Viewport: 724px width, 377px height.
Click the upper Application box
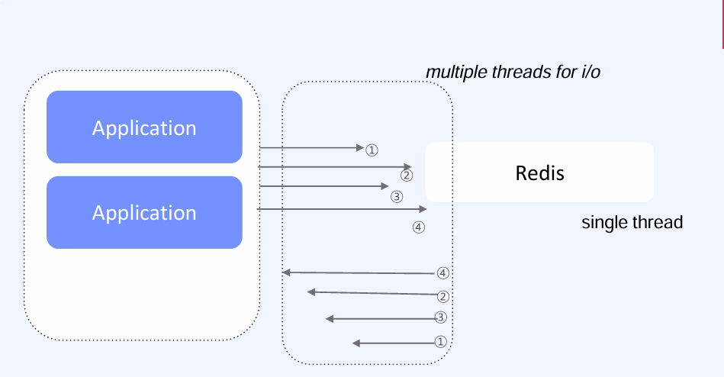(x=144, y=127)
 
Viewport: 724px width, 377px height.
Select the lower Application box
(x=144, y=212)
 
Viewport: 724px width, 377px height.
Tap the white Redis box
(x=539, y=172)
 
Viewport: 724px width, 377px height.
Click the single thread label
(x=632, y=223)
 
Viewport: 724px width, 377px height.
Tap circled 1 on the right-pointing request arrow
(x=372, y=150)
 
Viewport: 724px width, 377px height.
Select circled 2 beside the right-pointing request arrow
(x=407, y=176)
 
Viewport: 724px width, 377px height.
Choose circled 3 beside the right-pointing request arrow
(x=396, y=197)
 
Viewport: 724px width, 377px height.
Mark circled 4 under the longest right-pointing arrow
(x=419, y=227)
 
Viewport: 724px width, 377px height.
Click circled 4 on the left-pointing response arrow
(x=443, y=272)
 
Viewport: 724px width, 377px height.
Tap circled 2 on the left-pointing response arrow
(x=443, y=296)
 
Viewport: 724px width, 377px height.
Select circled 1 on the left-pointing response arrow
(x=439, y=342)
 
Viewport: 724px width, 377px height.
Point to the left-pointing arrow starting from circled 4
(x=359, y=272)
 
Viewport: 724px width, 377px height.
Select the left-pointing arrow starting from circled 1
(x=393, y=343)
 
